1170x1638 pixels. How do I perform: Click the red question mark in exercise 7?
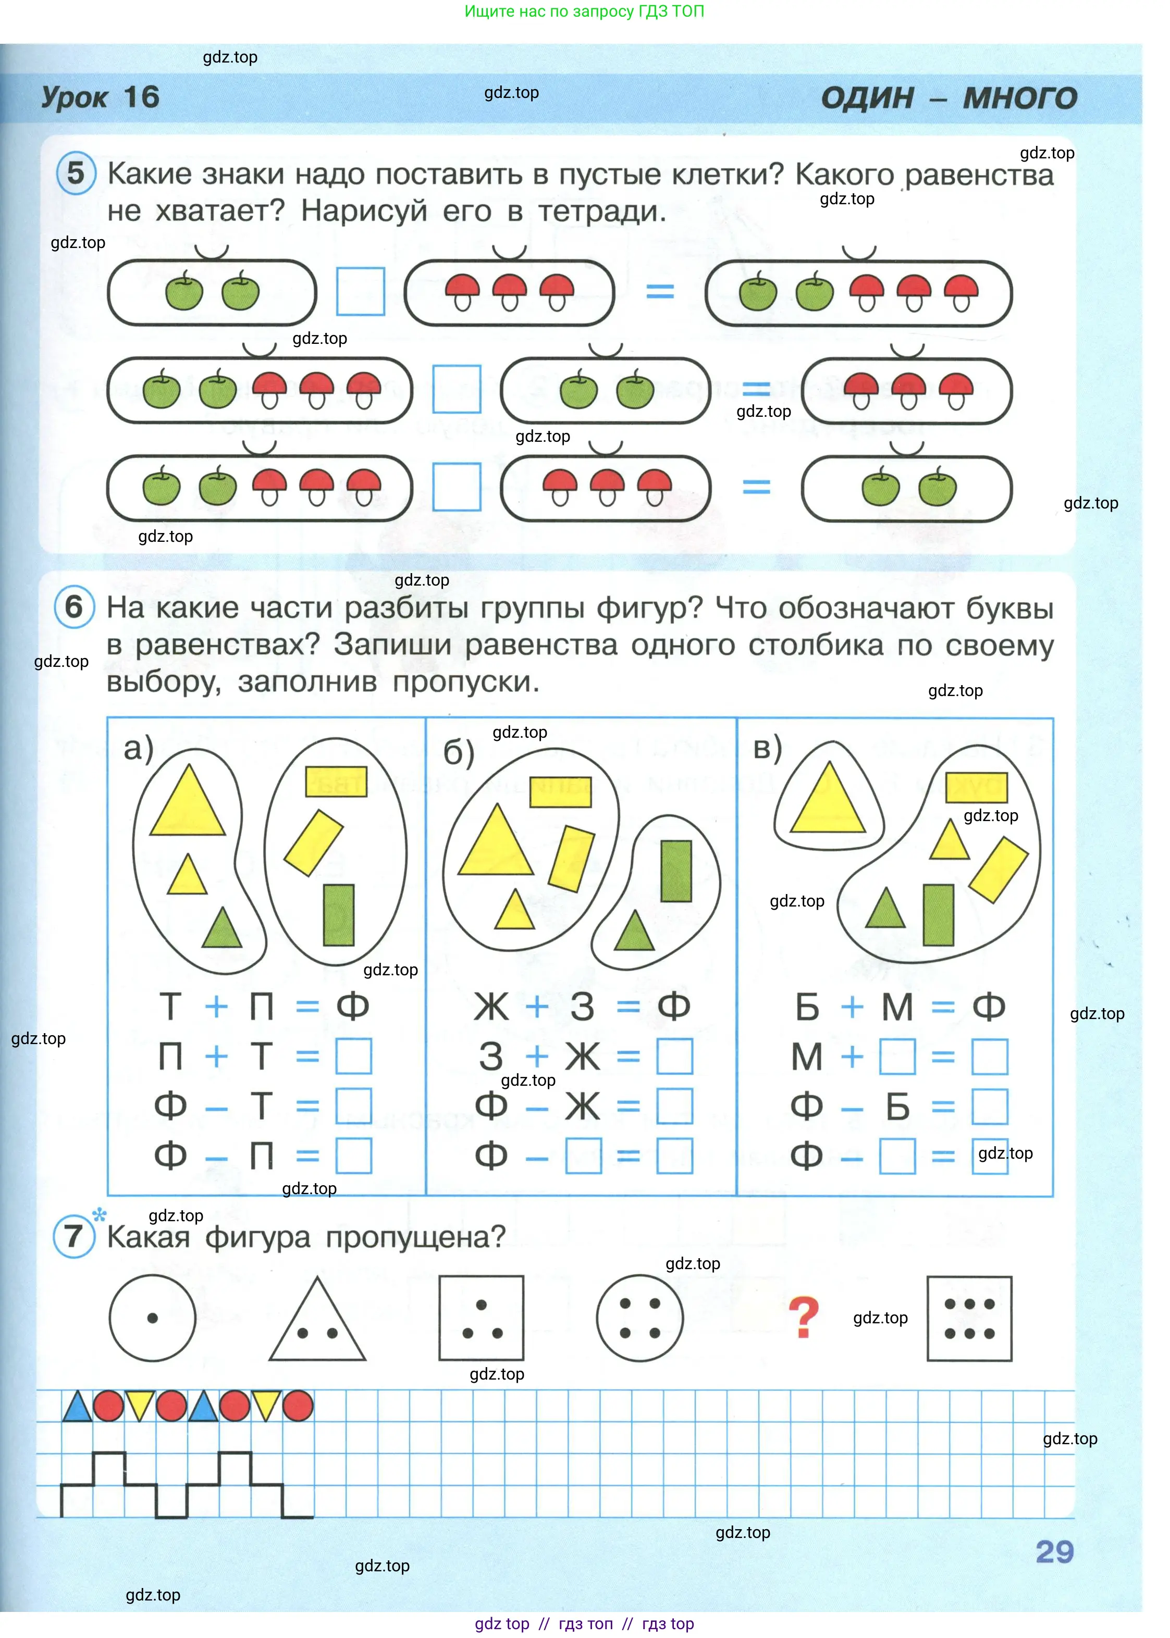click(803, 1318)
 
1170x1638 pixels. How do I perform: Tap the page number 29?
click(1054, 1552)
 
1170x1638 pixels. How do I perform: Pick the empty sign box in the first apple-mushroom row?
click(360, 292)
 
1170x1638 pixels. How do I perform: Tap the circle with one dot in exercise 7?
click(153, 1318)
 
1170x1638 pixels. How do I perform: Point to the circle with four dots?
click(640, 1318)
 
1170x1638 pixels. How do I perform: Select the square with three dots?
click(481, 1318)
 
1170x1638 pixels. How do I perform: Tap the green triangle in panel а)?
click(222, 929)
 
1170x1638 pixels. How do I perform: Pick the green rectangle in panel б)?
click(676, 871)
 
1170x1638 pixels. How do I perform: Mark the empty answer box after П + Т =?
click(354, 1056)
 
